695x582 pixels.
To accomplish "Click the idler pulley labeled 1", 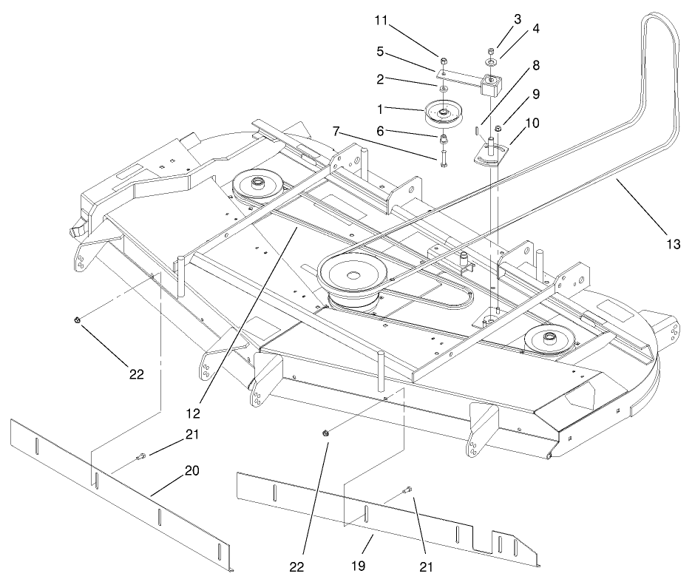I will (443, 115).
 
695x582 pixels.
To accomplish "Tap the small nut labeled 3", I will (492, 50).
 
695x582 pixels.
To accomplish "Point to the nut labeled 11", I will (442, 61).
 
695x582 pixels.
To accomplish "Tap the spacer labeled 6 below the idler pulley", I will (442, 140).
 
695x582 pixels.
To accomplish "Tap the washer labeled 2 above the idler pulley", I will (442, 89).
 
